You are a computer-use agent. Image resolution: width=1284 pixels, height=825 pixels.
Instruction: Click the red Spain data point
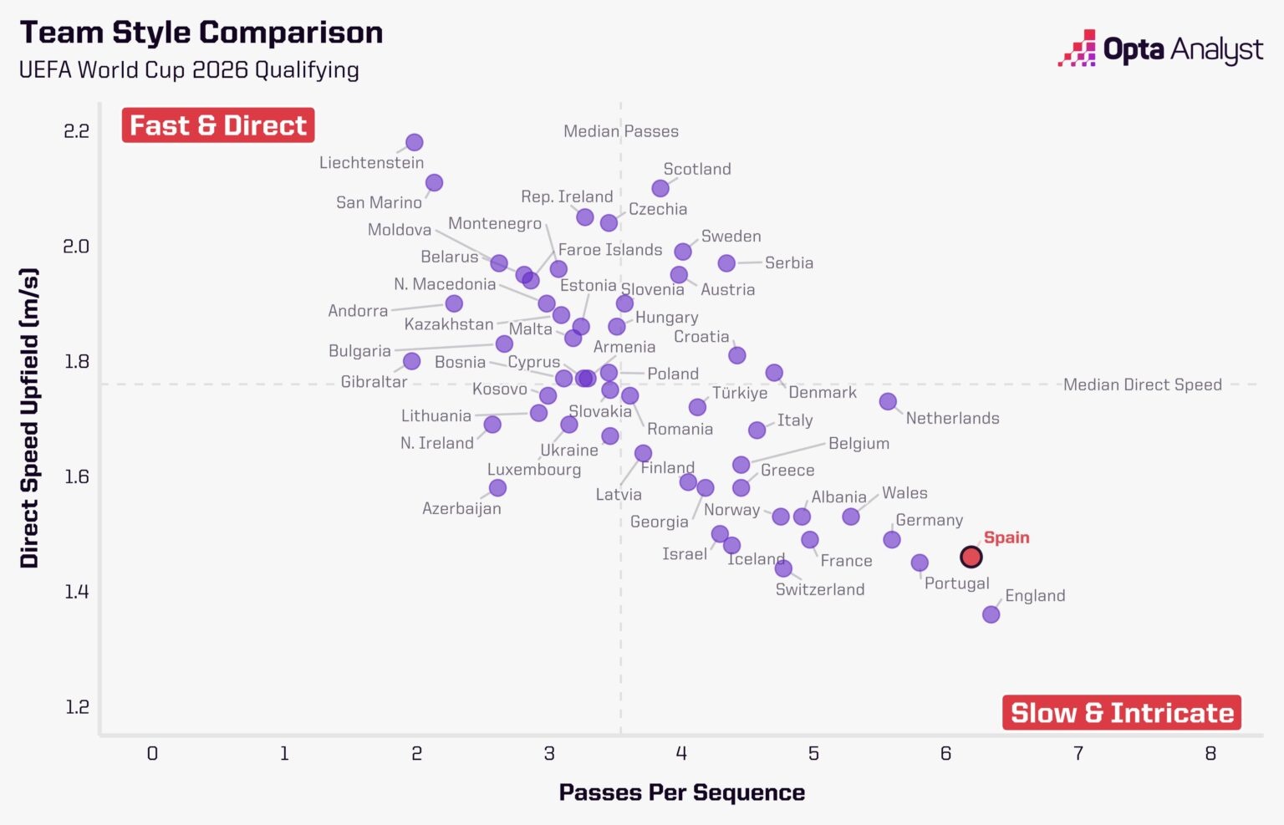pyautogui.click(x=971, y=557)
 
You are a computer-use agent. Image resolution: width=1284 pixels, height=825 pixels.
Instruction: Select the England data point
pyautogui.click(x=991, y=614)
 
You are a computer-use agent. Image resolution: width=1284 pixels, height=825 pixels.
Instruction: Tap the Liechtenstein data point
pyautogui.click(x=414, y=143)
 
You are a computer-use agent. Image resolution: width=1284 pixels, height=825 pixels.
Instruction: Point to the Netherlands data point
pyautogui.click(x=888, y=402)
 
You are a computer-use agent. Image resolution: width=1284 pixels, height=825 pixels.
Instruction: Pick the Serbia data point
pyautogui.click(x=726, y=263)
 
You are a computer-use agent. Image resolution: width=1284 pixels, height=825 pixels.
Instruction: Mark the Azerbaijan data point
pyautogui.click(x=497, y=487)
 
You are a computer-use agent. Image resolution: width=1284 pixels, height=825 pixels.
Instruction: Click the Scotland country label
pyautogui.click(x=697, y=169)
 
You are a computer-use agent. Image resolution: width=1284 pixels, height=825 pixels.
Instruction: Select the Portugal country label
pyautogui.click(x=956, y=583)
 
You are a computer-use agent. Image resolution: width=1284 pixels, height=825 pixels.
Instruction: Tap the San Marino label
pyautogui.click(x=379, y=202)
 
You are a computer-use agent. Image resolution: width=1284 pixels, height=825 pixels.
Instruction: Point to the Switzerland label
pyautogui.click(x=820, y=589)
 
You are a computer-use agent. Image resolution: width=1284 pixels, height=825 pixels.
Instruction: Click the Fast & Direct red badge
pyautogui.click(x=218, y=125)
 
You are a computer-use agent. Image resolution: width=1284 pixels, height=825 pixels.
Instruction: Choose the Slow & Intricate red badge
pyautogui.click(x=1122, y=713)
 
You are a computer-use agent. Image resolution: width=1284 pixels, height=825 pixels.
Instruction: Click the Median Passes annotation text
pyautogui.click(x=621, y=131)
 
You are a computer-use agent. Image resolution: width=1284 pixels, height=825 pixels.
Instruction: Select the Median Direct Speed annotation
pyautogui.click(x=1142, y=384)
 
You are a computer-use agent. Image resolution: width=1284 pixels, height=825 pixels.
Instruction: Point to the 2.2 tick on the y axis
pyautogui.click(x=76, y=131)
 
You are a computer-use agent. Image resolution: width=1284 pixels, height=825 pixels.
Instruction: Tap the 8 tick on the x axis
pyautogui.click(x=1210, y=754)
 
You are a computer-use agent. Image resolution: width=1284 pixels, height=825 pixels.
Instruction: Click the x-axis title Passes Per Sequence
pyautogui.click(x=681, y=792)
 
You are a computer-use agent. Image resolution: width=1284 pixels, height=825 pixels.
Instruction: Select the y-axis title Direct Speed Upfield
pyautogui.click(x=30, y=418)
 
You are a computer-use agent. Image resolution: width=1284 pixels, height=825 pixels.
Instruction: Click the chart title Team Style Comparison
pyautogui.click(x=201, y=33)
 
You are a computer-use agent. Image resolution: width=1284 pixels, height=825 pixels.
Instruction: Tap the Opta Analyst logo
pyautogui.click(x=1160, y=50)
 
